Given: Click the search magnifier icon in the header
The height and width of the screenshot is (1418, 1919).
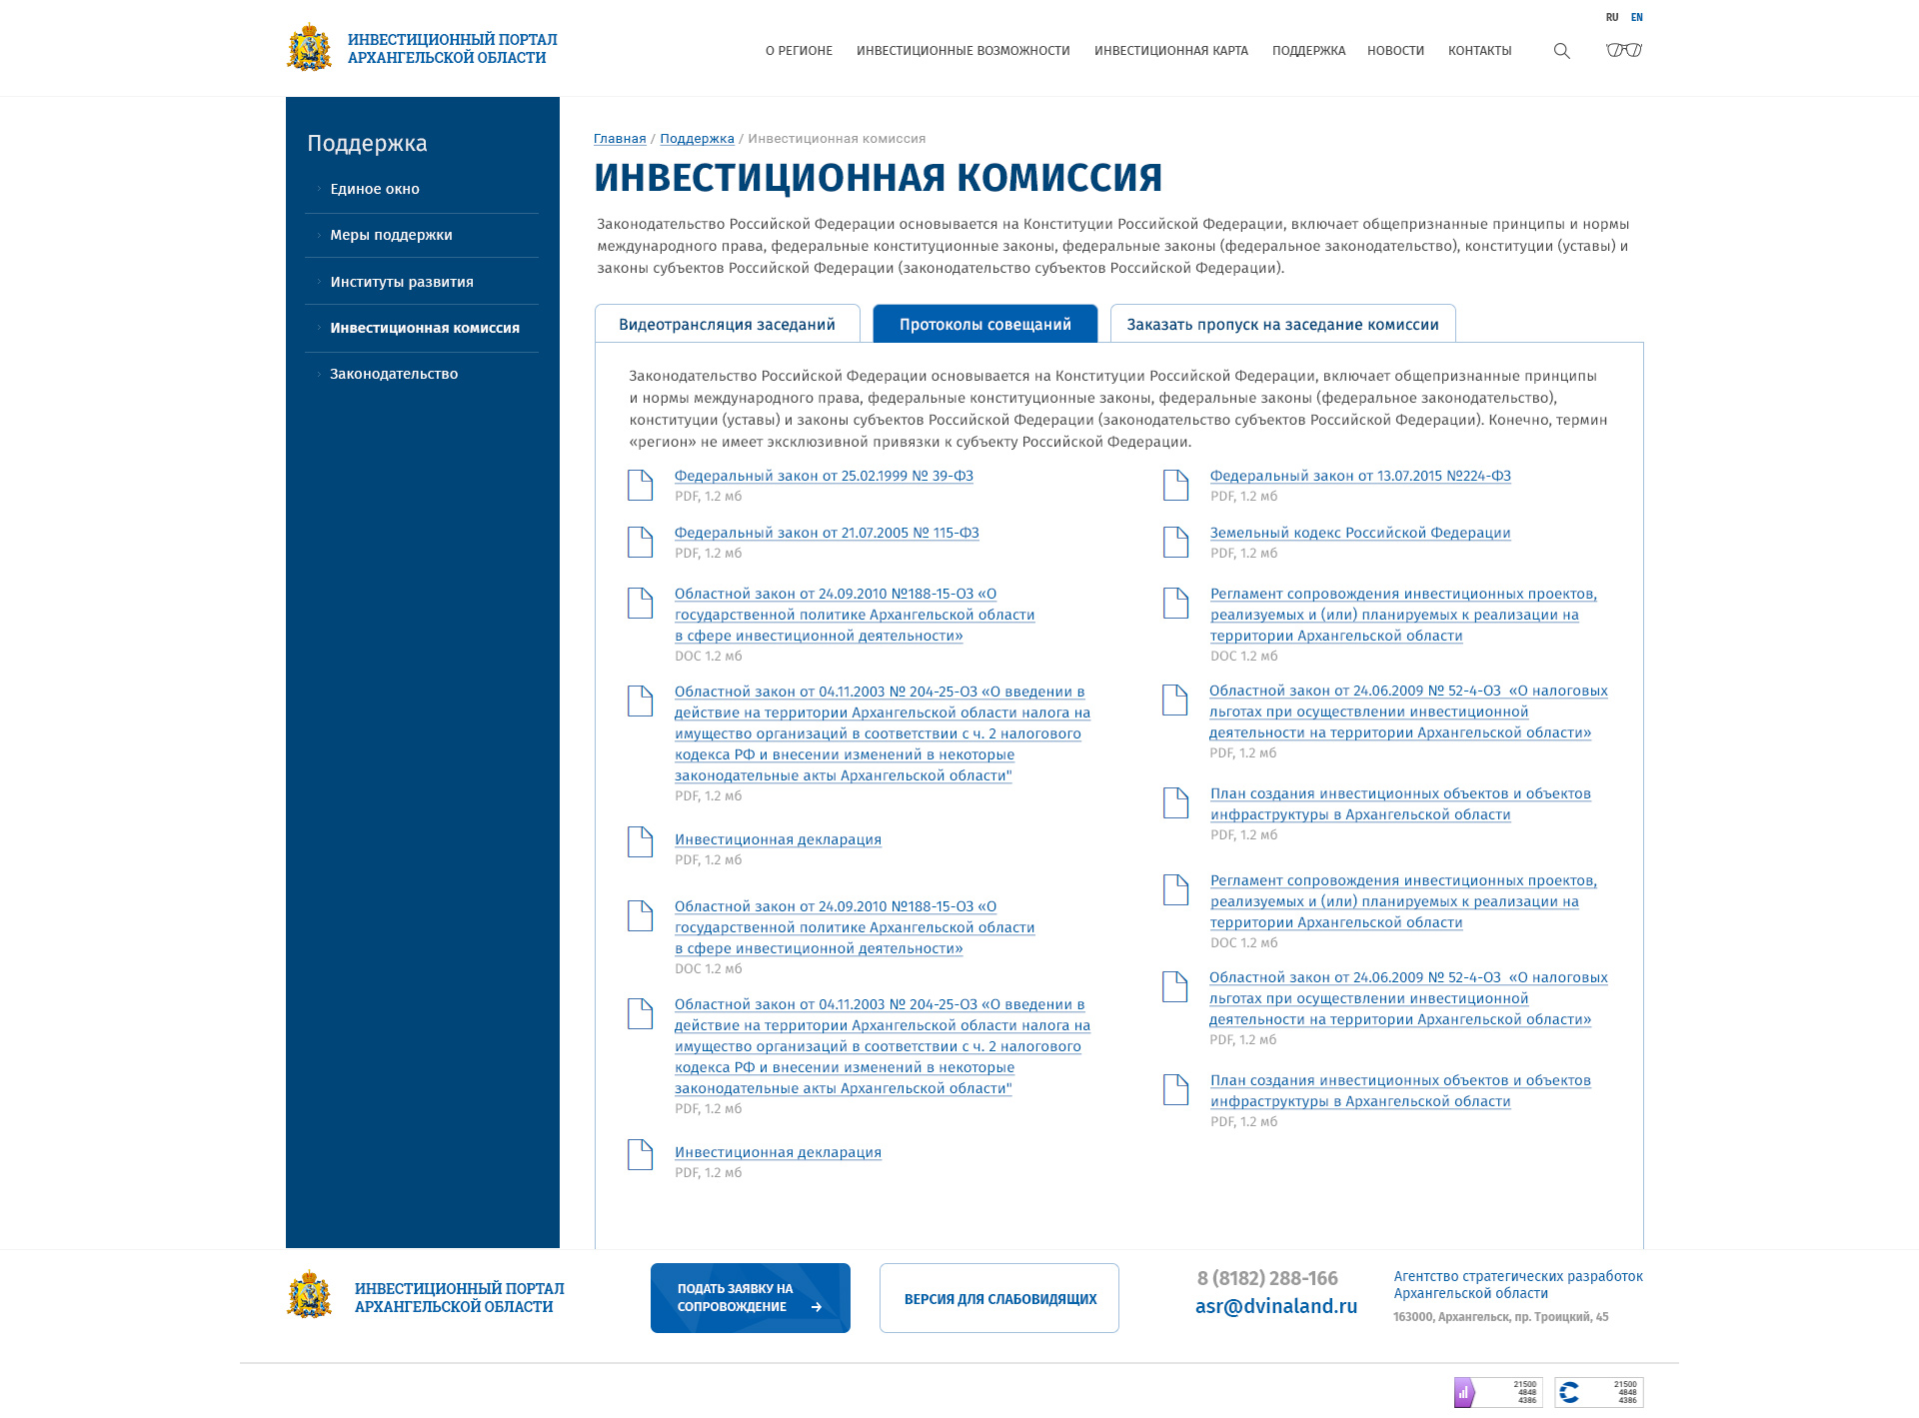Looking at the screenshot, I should [1561, 51].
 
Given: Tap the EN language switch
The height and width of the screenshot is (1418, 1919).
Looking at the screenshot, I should [1637, 17].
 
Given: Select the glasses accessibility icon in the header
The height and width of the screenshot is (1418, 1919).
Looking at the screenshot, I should [1624, 50].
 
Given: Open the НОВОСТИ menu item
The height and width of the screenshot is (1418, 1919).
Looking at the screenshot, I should [1395, 51].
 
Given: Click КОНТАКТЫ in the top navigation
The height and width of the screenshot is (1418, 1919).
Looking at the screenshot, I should [1479, 51].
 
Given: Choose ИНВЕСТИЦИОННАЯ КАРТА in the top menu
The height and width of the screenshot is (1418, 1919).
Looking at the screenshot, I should [1170, 51].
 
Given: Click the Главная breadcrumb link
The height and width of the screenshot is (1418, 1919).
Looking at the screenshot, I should [620, 139].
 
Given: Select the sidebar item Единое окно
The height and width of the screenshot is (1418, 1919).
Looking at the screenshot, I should [375, 189].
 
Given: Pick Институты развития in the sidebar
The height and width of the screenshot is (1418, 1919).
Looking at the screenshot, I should [402, 282].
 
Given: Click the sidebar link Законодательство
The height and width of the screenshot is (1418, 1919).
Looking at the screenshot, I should [394, 374].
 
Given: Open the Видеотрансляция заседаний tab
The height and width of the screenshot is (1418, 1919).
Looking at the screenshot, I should [727, 324].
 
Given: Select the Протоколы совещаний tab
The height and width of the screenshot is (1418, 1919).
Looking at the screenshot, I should [984, 324].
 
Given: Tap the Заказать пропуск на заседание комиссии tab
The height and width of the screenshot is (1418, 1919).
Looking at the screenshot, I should [1282, 324].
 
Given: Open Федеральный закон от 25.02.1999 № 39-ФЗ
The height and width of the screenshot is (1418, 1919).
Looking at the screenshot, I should [824, 476].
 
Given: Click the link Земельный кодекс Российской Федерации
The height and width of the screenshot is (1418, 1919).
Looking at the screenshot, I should [1359, 533].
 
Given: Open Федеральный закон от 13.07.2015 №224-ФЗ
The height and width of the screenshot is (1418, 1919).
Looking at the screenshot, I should [1359, 476].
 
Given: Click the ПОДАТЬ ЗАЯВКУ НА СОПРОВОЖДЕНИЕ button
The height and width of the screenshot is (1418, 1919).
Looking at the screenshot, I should [750, 1297].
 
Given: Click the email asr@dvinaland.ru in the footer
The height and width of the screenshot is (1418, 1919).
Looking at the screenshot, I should [1275, 1306].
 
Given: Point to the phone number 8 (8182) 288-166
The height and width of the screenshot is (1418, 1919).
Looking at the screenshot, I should [1266, 1278].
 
